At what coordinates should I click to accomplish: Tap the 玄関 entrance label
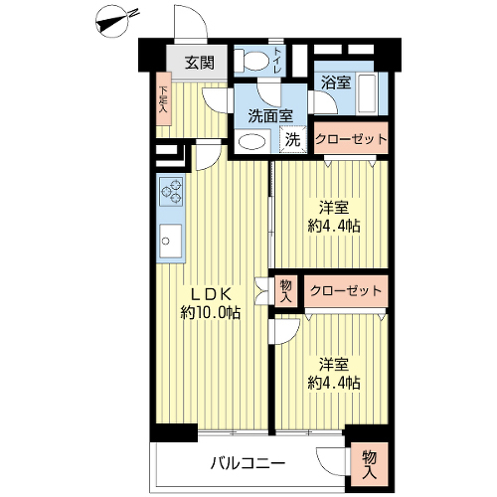[x=200, y=63]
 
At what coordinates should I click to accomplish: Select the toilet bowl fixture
[x=251, y=60]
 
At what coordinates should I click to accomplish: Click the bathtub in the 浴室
[x=367, y=93]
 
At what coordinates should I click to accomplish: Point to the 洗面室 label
[x=270, y=116]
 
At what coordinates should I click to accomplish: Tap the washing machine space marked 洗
[x=292, y=140]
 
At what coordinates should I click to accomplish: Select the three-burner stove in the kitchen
[x=171, y=192]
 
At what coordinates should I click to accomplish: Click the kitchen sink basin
[x=171, y=241]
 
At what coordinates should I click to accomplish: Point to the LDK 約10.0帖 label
[x=210, y=303]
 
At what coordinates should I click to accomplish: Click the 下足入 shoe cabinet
[x=164, y=98]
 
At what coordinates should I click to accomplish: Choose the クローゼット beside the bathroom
[x=351, y=138]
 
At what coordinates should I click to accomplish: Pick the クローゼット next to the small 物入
[x=346, y=291]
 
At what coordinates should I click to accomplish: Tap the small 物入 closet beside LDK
[x=286, y=291]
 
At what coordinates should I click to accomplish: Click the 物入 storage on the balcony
[x=369, y=465]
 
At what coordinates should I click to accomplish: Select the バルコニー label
[x=248, y=463]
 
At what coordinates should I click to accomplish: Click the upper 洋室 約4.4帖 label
[x=334, y=218]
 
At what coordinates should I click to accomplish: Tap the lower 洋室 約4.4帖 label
[x=334, y=373]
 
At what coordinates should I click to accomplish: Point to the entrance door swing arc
[x=201, y=17]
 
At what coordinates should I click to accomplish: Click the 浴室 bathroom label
[x=336, y=83]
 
